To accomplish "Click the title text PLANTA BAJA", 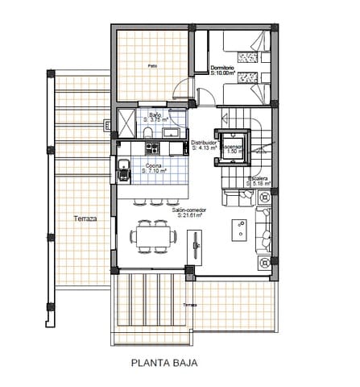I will tap(163, 363).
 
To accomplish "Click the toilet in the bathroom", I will tap(150, 131).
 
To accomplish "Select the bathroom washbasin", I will tap(174, 132).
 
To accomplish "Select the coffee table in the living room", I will tap(239, 231).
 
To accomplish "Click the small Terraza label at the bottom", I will tap(189, 306).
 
